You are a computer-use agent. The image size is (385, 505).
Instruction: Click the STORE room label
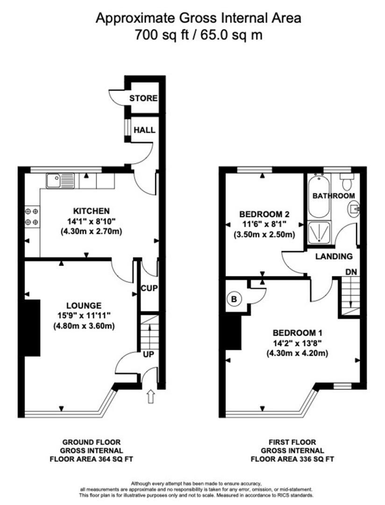[x=143, y=99]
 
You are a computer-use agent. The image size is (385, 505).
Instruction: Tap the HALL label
[x=144, y=130]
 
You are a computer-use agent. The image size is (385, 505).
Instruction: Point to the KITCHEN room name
[x=91, y=211]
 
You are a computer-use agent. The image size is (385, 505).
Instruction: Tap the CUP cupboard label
[x=150, y=289]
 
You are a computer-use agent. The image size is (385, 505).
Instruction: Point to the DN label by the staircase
[x=351, y=272]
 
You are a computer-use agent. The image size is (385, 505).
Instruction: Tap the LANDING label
[x=333, y=256]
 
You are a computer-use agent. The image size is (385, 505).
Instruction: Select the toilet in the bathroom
[x=346, y=180]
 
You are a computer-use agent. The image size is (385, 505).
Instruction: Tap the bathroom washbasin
[x=354, y=208]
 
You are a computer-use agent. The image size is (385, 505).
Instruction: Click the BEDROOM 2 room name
[x=264, y=214]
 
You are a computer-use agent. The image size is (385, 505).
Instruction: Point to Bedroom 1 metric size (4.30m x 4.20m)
[x=298, y=353]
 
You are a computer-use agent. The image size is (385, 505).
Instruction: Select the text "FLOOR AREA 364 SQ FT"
[x=92, y=459]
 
